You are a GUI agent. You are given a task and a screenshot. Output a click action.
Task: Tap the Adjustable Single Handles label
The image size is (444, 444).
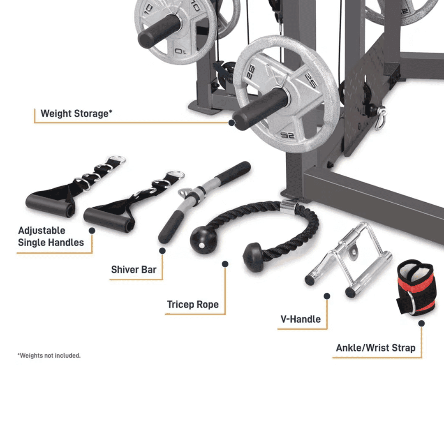(51, 236)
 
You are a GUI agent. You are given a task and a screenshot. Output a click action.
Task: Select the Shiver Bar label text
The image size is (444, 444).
(134, 270)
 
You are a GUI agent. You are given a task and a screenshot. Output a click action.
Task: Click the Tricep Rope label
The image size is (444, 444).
(192, 305)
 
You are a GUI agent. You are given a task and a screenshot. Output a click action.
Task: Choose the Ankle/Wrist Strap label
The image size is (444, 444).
(375, 348)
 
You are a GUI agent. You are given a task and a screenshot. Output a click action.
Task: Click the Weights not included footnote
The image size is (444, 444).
(49, 356)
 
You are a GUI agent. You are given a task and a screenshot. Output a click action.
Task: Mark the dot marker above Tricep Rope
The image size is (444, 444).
(225, 264)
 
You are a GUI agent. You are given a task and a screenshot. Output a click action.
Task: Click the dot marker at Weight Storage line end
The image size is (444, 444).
(232, 122)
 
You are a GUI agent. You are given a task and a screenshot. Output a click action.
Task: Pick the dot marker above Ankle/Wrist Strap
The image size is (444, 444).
(421, 323)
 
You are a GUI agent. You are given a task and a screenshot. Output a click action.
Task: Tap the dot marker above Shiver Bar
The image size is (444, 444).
(162, 250)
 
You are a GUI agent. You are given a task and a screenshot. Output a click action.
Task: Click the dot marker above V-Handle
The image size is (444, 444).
(327, 296)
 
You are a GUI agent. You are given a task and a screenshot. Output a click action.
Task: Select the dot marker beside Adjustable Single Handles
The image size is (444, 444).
(92, 231)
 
